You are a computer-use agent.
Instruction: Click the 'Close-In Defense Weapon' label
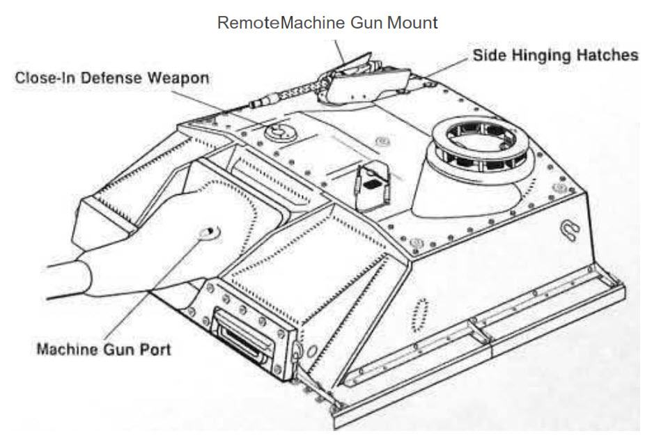[111, 77]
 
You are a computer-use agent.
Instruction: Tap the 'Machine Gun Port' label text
[103, 348]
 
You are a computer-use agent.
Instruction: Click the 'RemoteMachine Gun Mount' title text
[327, 22]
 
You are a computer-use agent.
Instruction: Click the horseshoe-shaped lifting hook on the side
[569, 230]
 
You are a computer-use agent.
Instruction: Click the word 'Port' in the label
[155, 348]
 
